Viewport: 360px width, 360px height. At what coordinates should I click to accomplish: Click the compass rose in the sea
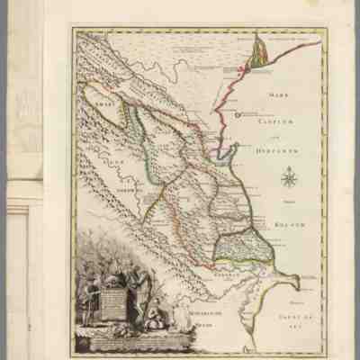pos(289,177)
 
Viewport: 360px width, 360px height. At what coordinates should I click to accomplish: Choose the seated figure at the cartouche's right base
pos(154,315)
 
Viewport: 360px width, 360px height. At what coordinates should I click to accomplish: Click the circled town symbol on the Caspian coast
pos(238,114)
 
